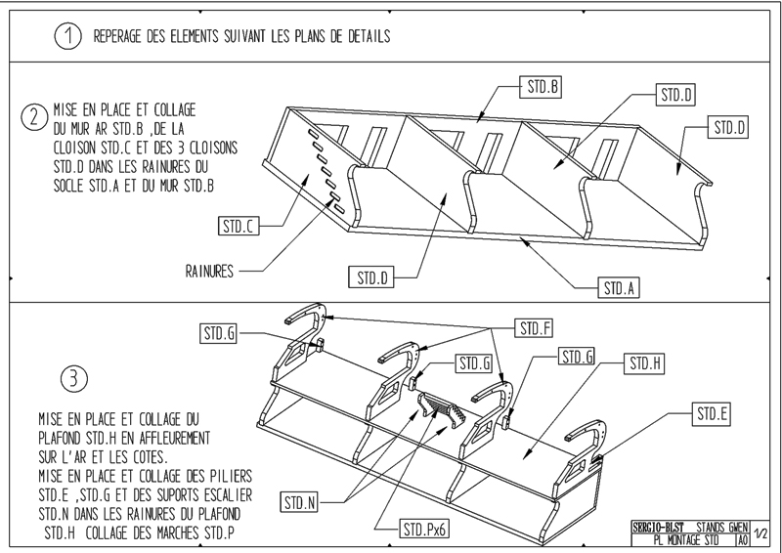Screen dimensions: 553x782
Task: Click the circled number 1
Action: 67,37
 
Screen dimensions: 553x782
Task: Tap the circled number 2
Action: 33,118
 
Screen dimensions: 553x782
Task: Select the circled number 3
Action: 74,377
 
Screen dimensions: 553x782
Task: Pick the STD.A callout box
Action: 618,288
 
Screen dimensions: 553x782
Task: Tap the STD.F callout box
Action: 536,326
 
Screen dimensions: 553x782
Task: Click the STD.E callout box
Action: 712,413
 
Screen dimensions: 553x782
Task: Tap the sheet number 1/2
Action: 761,533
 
